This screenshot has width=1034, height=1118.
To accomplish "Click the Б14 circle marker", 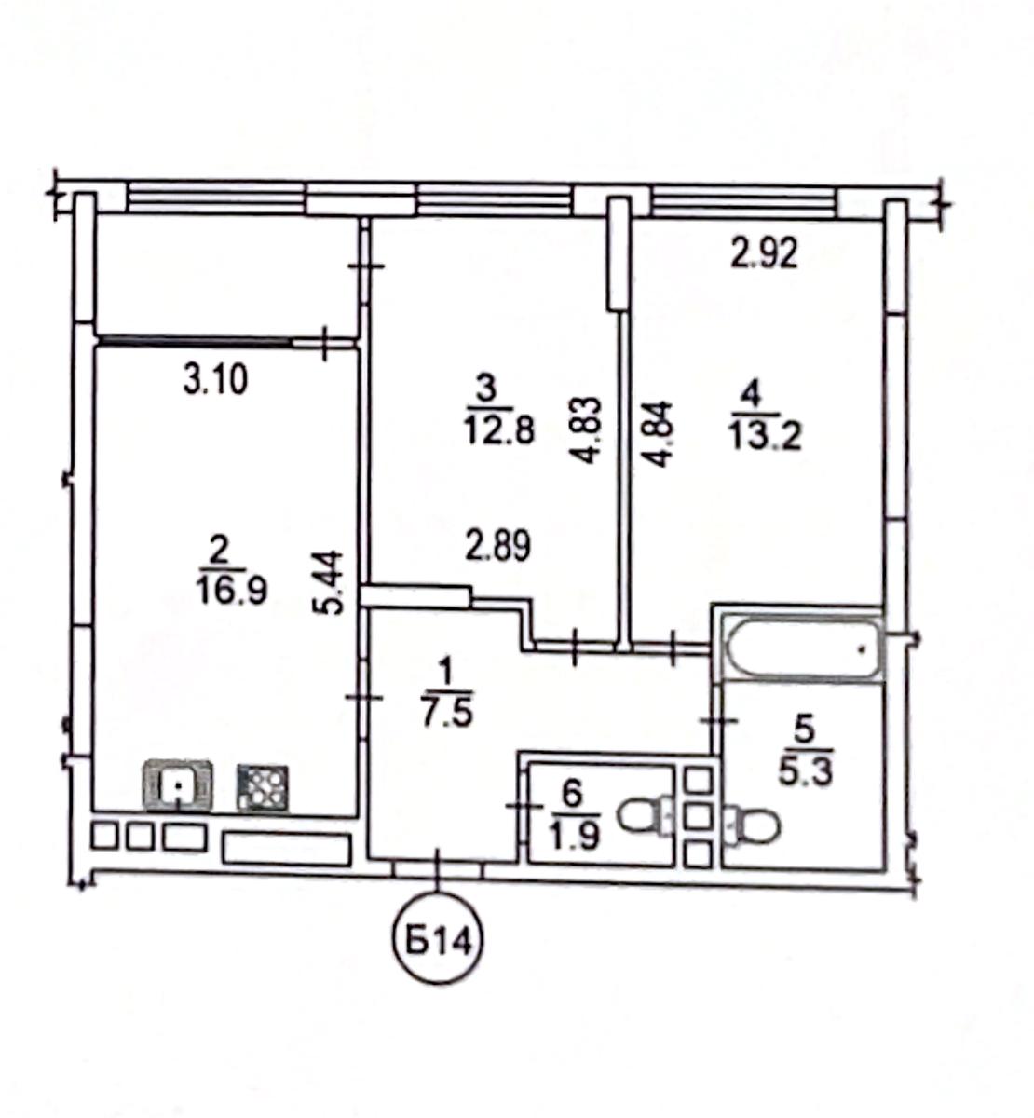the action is [x=438, y=944].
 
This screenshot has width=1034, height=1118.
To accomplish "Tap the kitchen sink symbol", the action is [x=179, y=784].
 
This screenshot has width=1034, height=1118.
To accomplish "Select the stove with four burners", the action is [x=263, y=787].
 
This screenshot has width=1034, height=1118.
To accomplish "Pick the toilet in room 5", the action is [x=753, y=825].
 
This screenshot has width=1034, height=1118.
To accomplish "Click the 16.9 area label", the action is [x=231, y=592].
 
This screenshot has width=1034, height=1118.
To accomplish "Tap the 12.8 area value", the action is [x=499, y=432].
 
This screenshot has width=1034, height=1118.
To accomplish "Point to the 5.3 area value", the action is [x=806, y=773].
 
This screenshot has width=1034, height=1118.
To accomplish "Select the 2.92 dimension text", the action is [x=765, y=254].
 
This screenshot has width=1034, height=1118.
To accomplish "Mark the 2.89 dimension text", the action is [x=497, y=545].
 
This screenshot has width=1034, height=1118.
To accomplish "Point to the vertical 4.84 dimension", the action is [x=658, y=434].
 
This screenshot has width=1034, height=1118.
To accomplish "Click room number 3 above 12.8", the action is [x=487, y=389].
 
